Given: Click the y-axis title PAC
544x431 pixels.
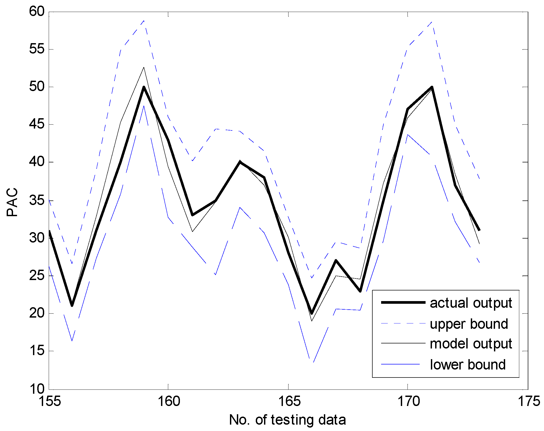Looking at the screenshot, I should click(12, 202).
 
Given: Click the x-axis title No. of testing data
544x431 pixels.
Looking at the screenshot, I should click(287, 420).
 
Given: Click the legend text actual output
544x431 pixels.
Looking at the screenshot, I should click(471, 303).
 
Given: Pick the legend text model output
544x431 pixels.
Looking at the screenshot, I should click(471, 344).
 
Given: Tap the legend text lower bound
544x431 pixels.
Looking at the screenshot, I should click(468, 364).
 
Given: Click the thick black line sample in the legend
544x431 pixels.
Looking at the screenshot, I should click(403, 302).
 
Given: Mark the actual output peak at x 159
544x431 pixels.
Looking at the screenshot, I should click(144, 87).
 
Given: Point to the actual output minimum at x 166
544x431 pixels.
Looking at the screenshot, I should click(312, 313).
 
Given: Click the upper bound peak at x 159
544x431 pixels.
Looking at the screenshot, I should click(144, 20).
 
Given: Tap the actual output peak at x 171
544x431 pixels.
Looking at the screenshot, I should click(432, 87).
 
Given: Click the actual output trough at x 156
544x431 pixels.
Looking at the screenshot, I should click(72, 306).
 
